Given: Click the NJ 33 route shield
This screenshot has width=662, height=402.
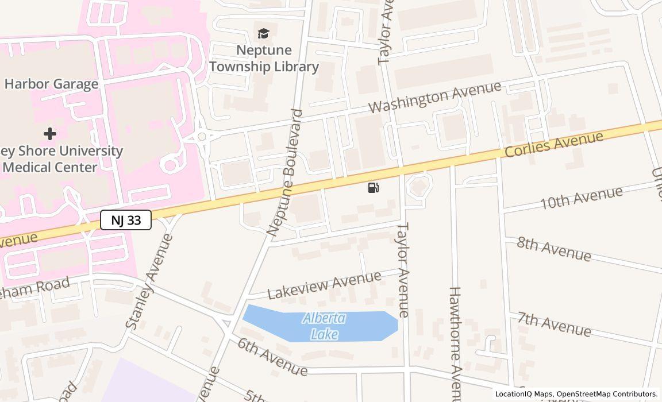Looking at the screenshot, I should pyautogui.click(x=126, y=220).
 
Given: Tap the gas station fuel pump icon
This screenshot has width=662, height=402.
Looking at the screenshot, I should pyautogui.click(x=373, y=187).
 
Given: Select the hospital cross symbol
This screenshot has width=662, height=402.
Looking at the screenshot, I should pyautogui.click(x=50, y=134).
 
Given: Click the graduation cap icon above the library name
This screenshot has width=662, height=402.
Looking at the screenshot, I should pyautogui.click(x=263, y=34).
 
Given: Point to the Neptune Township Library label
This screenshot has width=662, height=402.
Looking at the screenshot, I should pyautogui.click(x=264, y=59).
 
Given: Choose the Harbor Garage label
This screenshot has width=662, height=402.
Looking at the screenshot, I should pyautogui.click(x=51, y=84).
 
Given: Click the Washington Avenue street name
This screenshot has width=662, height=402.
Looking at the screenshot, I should pyautogui.click(x=434, y=98).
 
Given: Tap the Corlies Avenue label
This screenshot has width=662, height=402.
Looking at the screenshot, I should pyautogui.click(x=554, y=144).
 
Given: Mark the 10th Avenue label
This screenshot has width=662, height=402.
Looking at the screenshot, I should pyautogui.click(x=581, y=198).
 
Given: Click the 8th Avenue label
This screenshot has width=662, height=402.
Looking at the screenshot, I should pyautogui.click(x=553, y=248).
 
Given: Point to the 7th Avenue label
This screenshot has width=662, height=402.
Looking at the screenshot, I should pyautogui.click(x=554, y=324).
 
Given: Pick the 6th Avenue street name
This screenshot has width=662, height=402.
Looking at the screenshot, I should pyautogui.click(x=272, y=356).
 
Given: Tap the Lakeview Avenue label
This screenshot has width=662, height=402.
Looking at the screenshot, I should pyautogui.click(x=324, y=285).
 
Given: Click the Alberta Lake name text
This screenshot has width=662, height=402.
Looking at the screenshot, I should pyautogui.click(x=324, y=326).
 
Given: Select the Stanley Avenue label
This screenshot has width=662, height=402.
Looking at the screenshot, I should pyautogui.click(x=149, y=281).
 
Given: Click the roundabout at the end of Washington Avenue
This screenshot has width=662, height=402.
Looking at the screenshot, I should pyautogui.click(x=202, y=137).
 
